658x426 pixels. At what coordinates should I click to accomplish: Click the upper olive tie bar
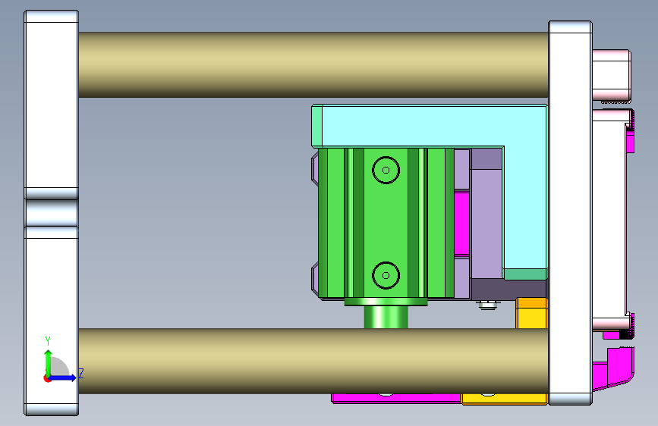point(311,64)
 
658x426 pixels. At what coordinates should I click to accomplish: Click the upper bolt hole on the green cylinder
point(386,170)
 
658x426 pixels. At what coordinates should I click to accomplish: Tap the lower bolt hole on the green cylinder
point(386,275)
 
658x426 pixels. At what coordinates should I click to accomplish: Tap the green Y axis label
point(48,341)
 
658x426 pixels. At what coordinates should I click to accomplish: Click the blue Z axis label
point(80,374)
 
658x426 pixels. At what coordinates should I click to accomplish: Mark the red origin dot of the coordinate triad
point(48,377)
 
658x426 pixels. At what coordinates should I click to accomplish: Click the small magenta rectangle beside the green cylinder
point(461,224)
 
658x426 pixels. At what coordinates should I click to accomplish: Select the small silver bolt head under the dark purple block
point(486,305)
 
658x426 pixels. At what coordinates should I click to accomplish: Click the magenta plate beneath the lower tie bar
point(395,397)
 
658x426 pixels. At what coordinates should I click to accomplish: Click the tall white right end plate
point(569,212)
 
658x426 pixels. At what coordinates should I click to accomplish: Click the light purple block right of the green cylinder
point(486,220)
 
